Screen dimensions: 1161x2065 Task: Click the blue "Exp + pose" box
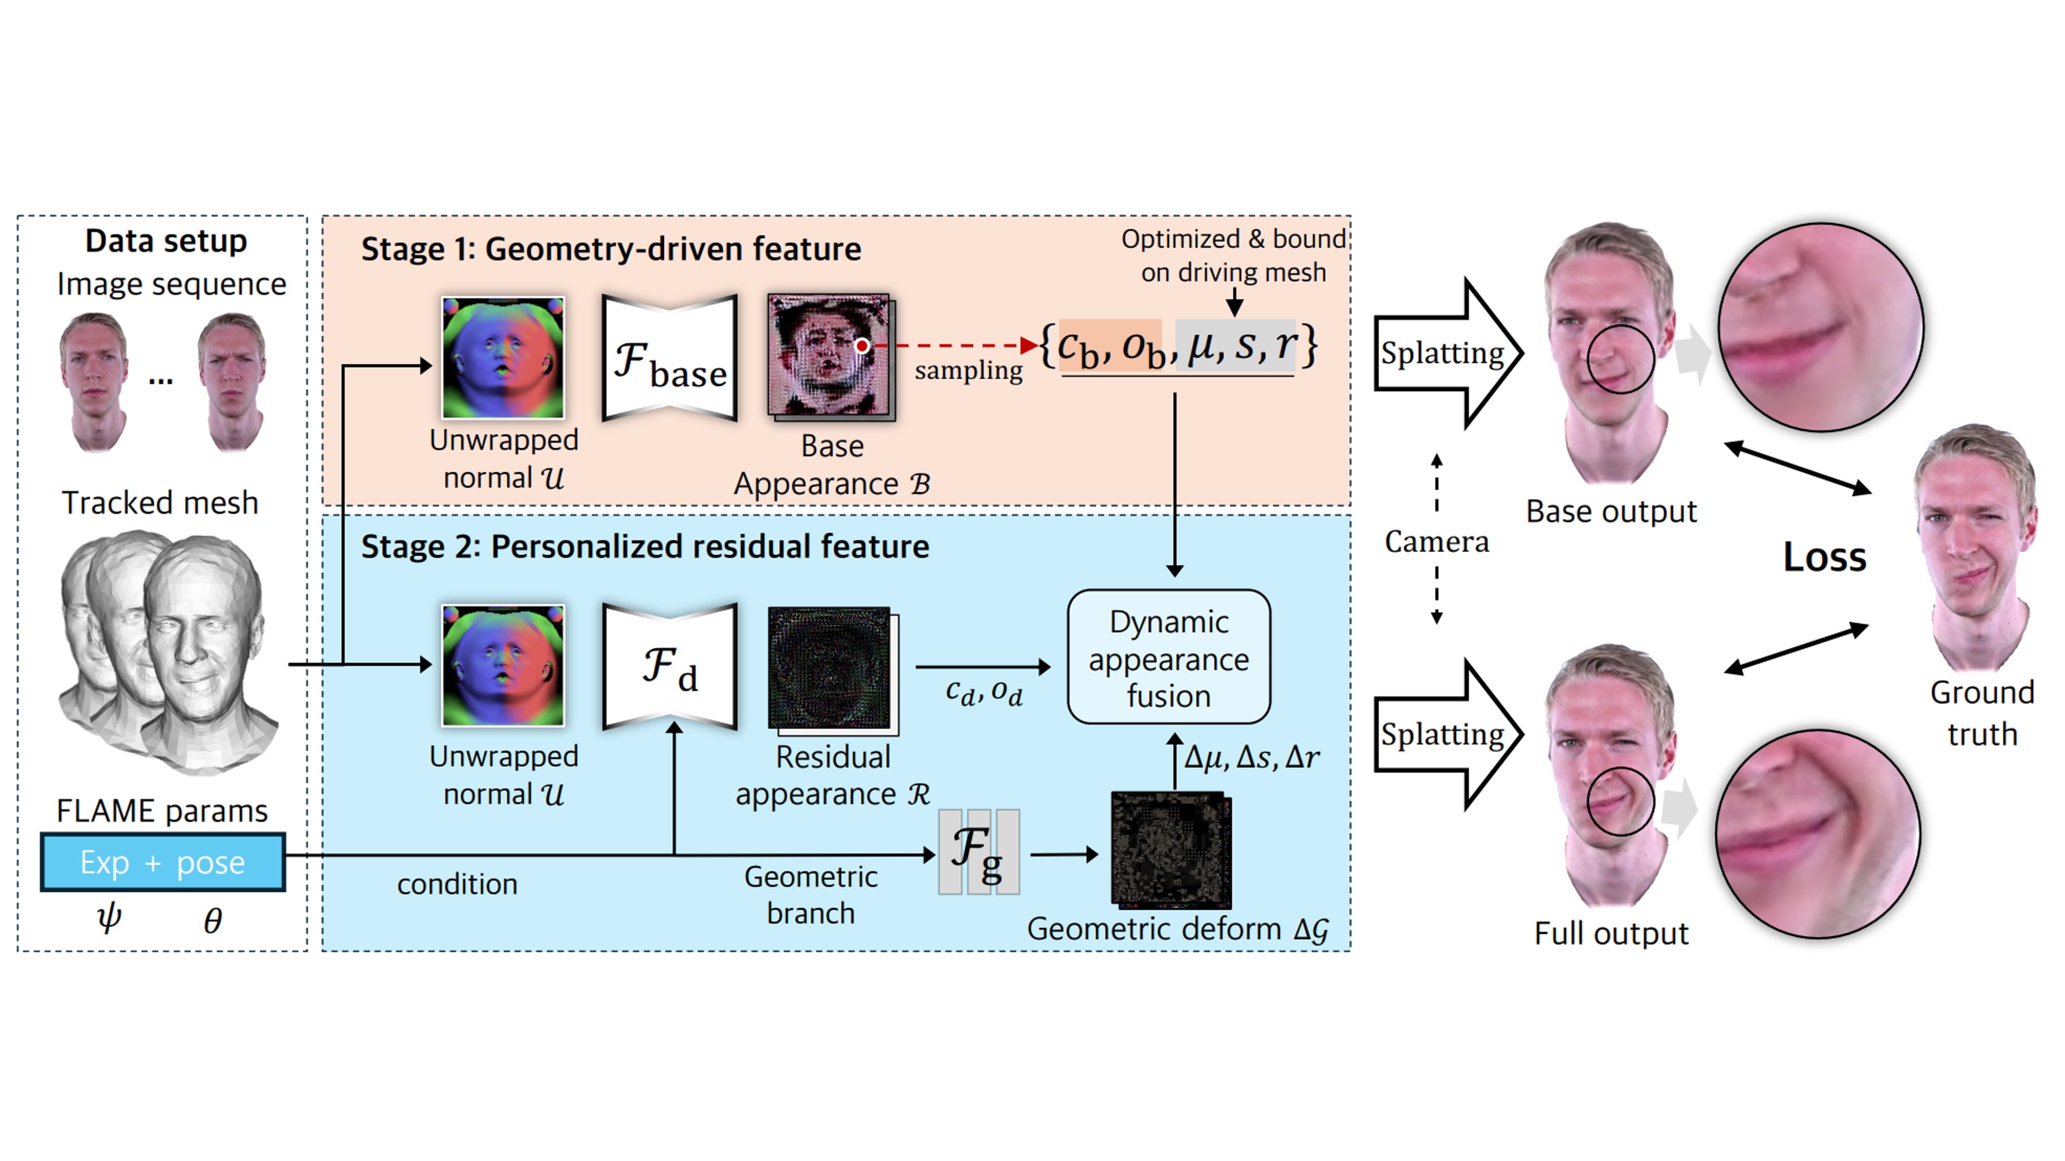(x=163, y=862)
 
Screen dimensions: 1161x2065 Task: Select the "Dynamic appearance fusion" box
(x=1168, y=658)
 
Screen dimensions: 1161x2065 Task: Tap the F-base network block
(x=669, y=358)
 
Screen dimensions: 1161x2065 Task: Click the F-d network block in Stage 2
(x=669, y=667)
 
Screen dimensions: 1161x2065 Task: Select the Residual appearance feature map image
(x=831, y=669)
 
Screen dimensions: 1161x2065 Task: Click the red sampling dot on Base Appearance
(x=862, y=346)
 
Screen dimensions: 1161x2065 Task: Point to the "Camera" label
(x=1437, y=542)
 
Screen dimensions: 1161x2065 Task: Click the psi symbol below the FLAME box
(x=109, y=918)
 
